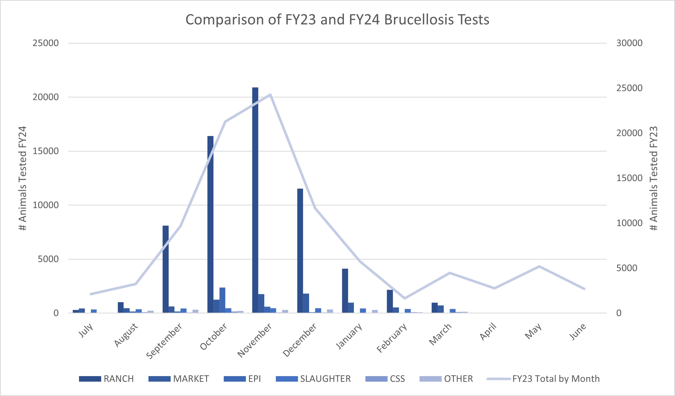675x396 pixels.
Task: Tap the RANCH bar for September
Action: pos(166,269)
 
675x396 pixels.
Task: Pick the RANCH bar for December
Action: pos(300,250)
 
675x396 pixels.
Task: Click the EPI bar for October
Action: pos(222,300)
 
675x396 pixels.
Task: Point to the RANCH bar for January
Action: pos(345,291)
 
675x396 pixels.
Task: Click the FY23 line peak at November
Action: pos(270,95)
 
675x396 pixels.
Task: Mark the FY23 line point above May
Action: pos(539,266)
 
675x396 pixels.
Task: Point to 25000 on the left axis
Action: pos(46,43)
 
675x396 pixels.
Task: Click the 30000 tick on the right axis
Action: pos(629,43)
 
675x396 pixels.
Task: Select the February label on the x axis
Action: pos(392,338)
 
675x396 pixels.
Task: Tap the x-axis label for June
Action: pos(578,332)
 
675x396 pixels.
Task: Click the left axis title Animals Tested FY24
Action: pos(23,178)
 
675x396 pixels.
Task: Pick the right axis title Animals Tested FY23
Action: pos(654,178)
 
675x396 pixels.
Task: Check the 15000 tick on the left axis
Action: pos(46,151)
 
